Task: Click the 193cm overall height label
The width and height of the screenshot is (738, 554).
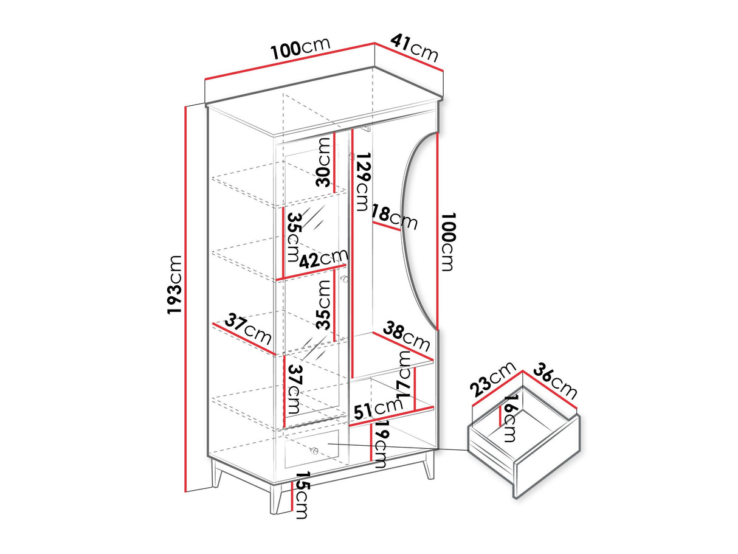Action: [175, 285]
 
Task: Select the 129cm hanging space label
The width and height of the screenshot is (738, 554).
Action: [362, 182]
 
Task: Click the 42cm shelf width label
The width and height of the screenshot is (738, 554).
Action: [323, 258]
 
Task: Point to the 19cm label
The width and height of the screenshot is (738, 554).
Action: [381, 445]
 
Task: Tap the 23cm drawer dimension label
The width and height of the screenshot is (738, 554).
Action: [493, 379]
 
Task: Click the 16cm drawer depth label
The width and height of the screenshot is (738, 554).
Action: [509, 418]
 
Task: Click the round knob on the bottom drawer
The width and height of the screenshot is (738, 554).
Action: [315, 450]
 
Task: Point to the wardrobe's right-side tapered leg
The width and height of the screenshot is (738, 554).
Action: [429, 466]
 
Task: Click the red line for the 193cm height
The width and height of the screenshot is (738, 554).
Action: [185, 299]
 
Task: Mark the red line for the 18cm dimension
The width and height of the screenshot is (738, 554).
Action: [386, 226]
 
